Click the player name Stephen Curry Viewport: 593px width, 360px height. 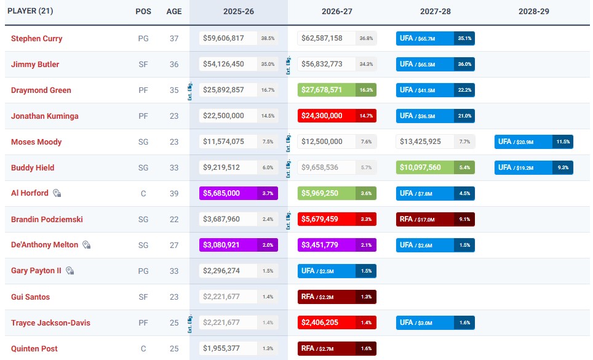coord(36,38)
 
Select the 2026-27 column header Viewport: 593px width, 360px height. coord(336,12)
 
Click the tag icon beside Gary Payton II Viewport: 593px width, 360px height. coord(70,271)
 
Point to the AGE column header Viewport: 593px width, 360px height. coord(174,12)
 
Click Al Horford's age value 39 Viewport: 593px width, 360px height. coord(174,193)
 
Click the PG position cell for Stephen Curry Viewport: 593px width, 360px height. coord(143,38)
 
